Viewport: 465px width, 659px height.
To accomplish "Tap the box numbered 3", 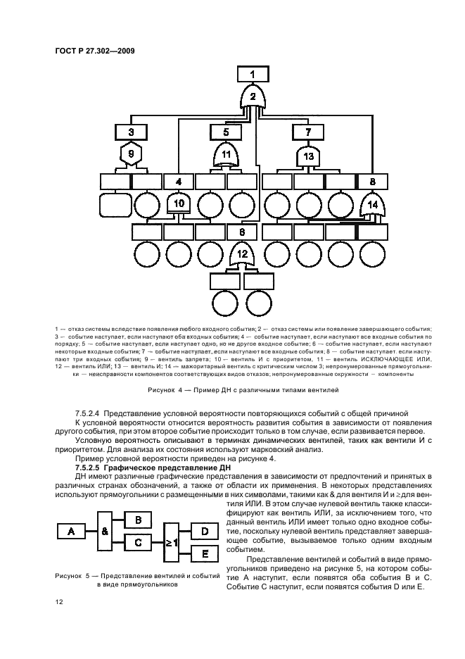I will pyautogui.click(x=131, y=131).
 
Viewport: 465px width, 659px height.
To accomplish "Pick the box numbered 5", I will pyautogui.click(x=227, y=131).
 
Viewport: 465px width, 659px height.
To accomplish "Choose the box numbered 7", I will pyautogui.click(x=307, y=131).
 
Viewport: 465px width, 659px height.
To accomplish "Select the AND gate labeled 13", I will pyautogui.click(x=307, y=155).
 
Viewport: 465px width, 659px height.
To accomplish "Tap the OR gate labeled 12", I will pyautogui.click(x=242, y=254).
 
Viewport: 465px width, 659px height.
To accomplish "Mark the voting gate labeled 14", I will pyautogui.click(x=373, y=206).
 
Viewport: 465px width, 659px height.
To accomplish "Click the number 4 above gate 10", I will pyautogui.click(x=179, y=181).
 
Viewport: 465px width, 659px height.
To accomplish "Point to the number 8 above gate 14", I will pyautogui.click(x=373, y=181).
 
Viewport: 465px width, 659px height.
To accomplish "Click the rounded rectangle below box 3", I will pyautogui.click(x=115, y=205).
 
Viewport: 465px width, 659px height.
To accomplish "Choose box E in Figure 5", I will pyautogui.click(x=205, y=554).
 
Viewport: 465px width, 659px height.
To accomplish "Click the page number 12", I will pyautogui.click(x=58, y=603).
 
